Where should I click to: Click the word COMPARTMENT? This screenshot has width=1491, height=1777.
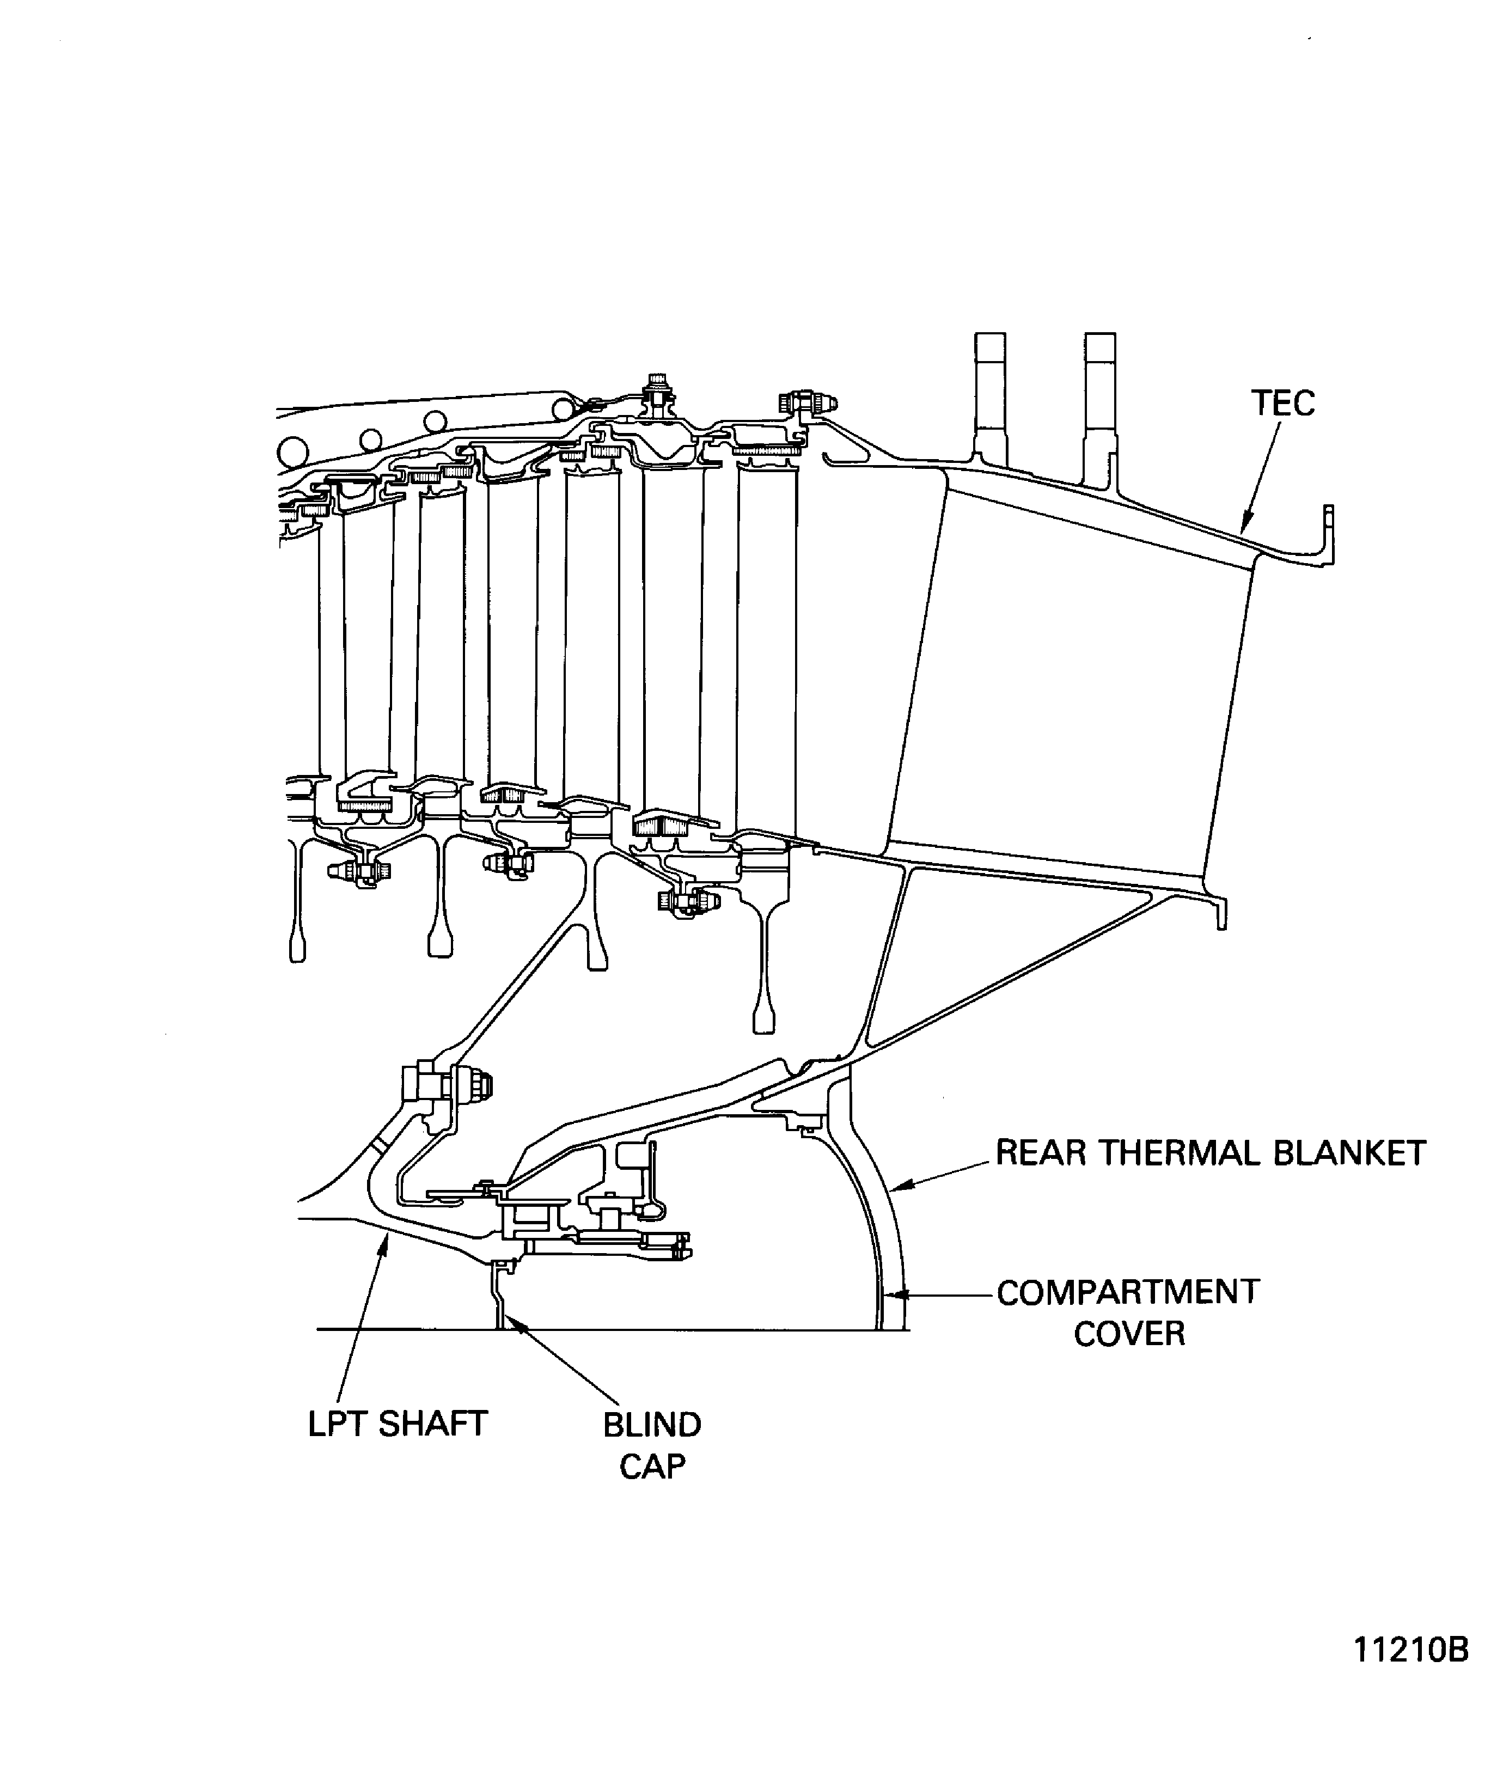[1128, 1292]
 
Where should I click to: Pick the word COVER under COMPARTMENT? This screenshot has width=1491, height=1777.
[1129, 1334]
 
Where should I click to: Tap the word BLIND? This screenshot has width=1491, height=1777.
[652, 1425]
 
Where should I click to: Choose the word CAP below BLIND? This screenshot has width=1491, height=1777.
[652, 1467]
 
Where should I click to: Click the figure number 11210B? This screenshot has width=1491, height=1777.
[1410, 1650]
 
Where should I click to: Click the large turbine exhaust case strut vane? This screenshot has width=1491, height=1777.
[1066, 677]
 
